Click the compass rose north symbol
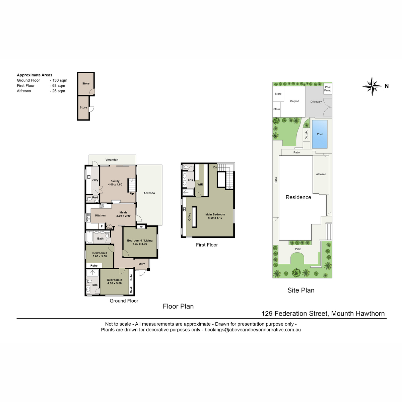tap(372, 86)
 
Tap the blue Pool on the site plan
tap(319, 134)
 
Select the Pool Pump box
tap(328, 89)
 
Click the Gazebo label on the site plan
tap(306, 135)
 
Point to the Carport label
tap(294, 101)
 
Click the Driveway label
tap(316, 102)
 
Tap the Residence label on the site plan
tap(298, 197)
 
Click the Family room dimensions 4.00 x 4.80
tap(115, 184)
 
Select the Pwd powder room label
tap(95, 197)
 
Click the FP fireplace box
tap(141, 227)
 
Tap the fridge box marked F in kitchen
tap(102, 226)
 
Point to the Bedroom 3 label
tap(100, 253)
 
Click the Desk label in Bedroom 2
tap(131, 289)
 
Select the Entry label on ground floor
tap(142, 264)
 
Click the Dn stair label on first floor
tap(215, 167)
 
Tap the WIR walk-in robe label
tap(200, 184)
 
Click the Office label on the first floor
tap(189, 216)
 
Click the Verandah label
tap(112, 159)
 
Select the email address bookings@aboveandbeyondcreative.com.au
tap(253, 330)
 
